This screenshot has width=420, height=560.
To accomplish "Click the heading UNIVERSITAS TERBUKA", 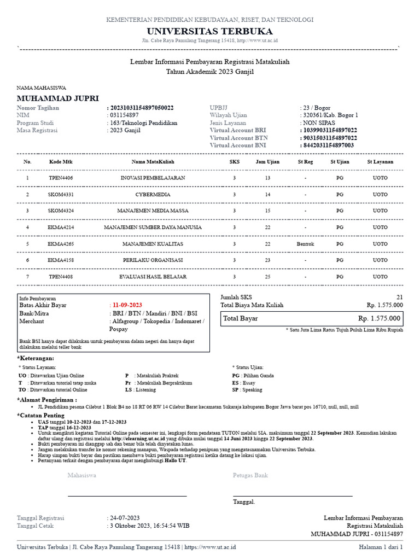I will tap(210, 31).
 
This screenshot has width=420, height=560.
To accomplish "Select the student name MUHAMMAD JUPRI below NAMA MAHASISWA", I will tap(58, 98).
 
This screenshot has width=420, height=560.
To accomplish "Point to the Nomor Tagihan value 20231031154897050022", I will tap(142, 108).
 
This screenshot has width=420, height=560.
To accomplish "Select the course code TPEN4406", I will tap(61, 178).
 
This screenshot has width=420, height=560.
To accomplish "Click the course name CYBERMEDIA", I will tap(153, 195).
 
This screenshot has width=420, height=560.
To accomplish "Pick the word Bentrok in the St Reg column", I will tap(305, 244).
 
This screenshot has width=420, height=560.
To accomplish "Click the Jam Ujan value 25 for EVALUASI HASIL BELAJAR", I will tap(267, 277).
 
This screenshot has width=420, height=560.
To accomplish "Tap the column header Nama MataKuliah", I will tap(153, 162).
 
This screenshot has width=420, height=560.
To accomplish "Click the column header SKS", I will tap(234, 162).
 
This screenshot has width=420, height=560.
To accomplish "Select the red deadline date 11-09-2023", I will tap(127, 305).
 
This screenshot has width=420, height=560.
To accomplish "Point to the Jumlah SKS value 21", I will tap(399, 297).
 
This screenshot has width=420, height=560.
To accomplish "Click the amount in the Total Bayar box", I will tap(379, 318).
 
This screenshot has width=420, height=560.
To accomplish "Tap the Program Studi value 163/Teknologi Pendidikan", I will tap(143, 123).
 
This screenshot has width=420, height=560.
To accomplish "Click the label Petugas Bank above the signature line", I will tap(250, 476).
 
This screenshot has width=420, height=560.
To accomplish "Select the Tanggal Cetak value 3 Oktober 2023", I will tap(150, 525).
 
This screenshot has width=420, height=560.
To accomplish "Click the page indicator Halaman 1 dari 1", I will tap(381, 547).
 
